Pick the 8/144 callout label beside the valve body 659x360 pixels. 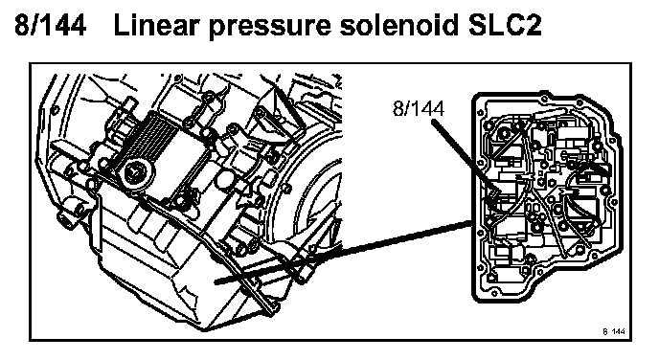pos(419,108)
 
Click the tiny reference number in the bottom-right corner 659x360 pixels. pos(614,331)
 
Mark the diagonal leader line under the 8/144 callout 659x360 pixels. pos(465,157)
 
